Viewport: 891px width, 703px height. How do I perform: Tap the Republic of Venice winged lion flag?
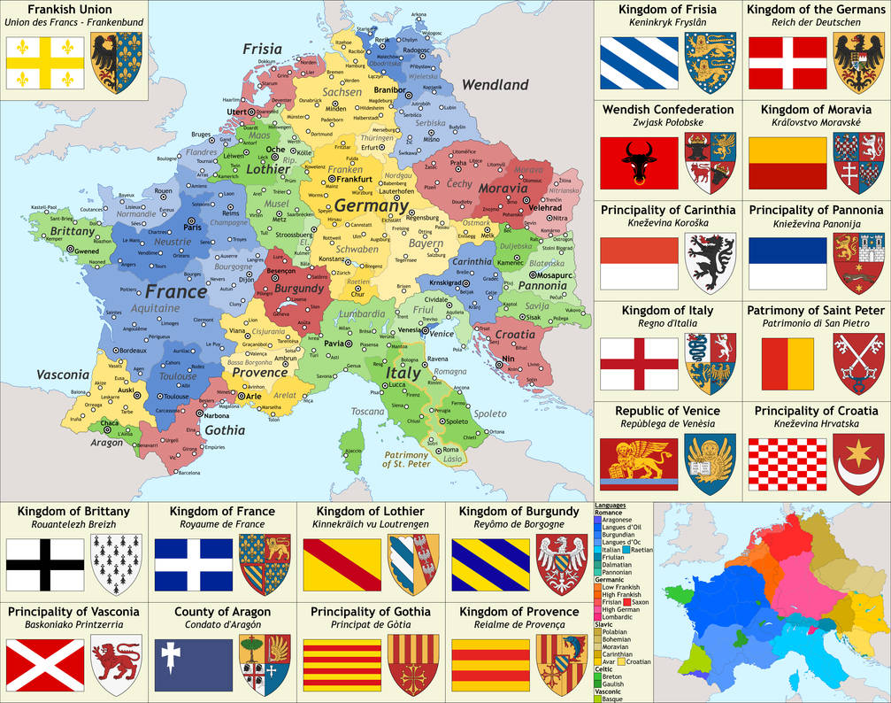pyautogui.click(x=639, y=464)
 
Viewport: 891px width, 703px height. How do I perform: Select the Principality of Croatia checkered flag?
pyautogui.click(x=787, y=464)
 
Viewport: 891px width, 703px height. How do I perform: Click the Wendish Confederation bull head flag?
pyautogui.click(x=639, y=164)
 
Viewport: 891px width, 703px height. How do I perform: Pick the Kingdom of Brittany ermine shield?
pyautogui.click(x=117, y=564)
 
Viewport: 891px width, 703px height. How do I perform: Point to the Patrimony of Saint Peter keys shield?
pyautogui.click(x=858, y=363)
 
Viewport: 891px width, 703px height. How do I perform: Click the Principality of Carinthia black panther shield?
pyautogui.click(x=710, y=263)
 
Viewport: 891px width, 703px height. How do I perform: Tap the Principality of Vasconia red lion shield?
pyautogui.click(x=117, y=664)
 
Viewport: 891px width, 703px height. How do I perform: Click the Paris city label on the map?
pyautogui.click(x=193, y=228)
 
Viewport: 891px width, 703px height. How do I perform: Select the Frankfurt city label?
pyautogui.click(x=353, y=179)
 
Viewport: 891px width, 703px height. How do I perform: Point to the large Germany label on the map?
pyautogui.click(x=371, y=205)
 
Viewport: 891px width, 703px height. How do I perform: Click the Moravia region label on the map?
pyautogui.click(x=502, y=188)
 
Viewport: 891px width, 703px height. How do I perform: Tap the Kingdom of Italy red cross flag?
pyautogui.click(x=639, y=363)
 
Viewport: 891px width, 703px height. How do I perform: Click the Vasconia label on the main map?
pyautogui.click(x=64, y=375)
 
